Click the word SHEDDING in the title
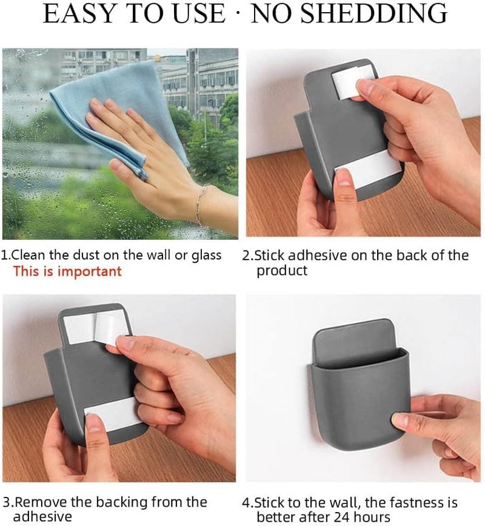pos(374,13)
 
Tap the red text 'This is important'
pos(67,271)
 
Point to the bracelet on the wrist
pos(200,204)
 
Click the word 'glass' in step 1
pos(207,255)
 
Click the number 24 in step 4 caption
pos(341,518)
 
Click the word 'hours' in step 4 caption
pos(371,517)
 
